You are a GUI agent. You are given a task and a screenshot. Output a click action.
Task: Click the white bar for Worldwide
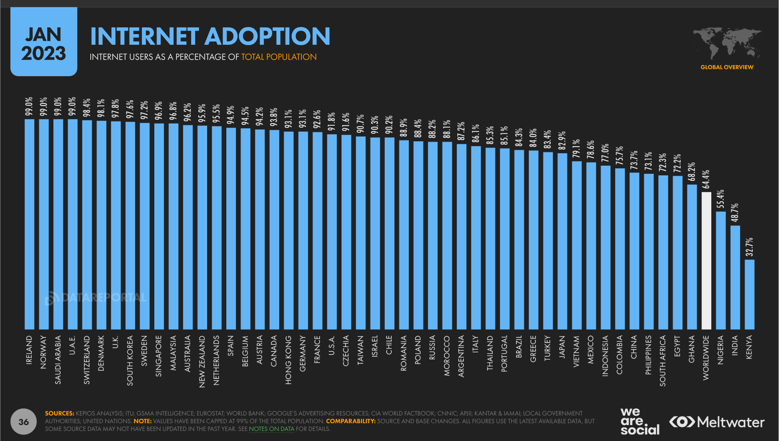coord(706,260)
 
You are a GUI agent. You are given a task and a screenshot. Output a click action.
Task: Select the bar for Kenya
coord(749,294)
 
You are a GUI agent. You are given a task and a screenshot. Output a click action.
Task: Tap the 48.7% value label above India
coord(735,213)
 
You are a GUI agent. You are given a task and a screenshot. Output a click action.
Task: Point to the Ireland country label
coord(29,350)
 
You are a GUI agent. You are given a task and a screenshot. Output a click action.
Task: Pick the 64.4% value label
coord(706,179)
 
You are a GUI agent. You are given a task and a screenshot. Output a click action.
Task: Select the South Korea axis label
coord(130,360)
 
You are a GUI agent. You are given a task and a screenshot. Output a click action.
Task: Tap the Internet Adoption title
coord(210,36)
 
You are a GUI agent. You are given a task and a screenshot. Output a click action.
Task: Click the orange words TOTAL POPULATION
coord(279,57)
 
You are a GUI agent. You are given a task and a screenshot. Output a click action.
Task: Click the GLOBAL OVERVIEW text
coord(726,67)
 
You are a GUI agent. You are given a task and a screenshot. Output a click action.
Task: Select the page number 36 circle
coord(24,422)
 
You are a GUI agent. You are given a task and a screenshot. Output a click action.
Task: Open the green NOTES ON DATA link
coord(272,429)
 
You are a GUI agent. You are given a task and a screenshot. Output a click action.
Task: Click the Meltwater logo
coord(717,422)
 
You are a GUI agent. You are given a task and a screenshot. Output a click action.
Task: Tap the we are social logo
coord(640,421)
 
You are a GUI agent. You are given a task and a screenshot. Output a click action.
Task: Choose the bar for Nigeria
coord(721,270)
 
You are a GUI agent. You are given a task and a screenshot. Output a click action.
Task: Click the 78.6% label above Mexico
coord(591,149)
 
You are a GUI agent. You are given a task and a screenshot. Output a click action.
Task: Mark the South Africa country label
coord(663,361)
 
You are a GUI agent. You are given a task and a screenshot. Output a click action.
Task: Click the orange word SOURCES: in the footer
coord(60,413)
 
